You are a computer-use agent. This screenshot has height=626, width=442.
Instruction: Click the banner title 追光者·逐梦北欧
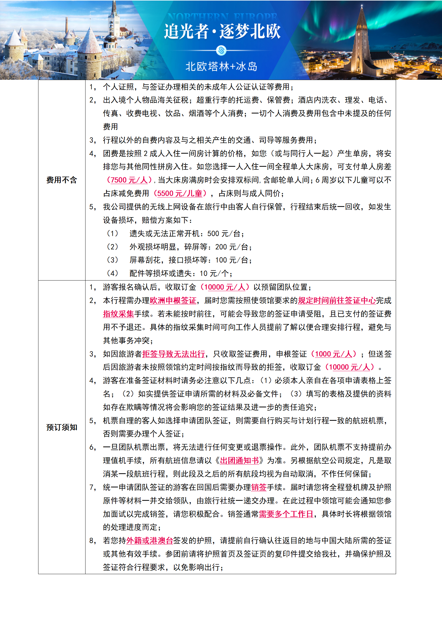point(222,31)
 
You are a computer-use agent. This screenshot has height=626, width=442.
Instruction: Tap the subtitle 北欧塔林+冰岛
point(221,67)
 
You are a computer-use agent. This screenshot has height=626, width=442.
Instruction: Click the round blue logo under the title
point(221,50)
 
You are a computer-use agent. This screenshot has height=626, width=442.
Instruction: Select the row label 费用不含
point(62,180)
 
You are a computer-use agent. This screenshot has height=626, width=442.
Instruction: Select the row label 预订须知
point(62,427)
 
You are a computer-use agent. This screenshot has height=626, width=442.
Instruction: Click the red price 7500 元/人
point(129,180)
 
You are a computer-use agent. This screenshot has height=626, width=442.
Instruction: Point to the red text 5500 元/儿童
point(180,194)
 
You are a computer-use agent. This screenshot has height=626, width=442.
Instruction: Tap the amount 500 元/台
point(224,234)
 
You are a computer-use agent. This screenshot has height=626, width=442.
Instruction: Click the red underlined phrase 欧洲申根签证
point(173,301)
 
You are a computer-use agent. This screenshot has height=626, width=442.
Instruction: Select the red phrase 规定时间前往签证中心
point(337,301)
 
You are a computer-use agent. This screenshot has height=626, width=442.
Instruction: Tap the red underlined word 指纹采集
point(118,314)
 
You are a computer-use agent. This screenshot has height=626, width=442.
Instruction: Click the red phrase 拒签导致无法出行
point(174,354)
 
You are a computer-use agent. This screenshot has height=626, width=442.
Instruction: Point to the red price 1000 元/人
point(333,354)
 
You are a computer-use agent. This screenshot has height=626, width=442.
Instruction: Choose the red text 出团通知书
point(239,461)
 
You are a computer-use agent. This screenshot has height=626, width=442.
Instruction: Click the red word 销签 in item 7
point(259,487)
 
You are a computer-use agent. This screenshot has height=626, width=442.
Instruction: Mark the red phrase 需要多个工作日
point(286,514)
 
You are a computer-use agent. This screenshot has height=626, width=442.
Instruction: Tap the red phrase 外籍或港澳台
point(150,541)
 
